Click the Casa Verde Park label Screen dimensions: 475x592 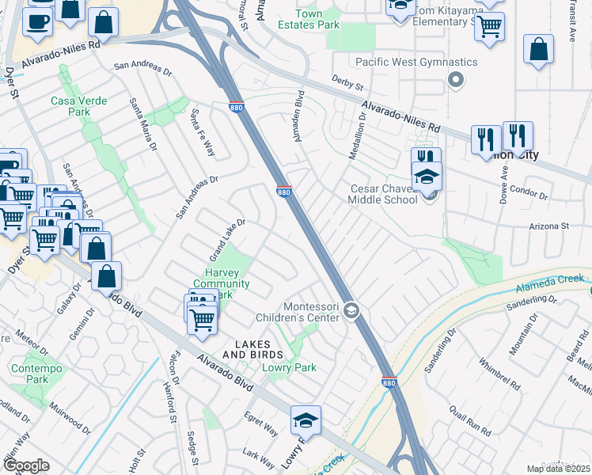(x=70, y=106)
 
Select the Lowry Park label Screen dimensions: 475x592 (x=289, y=367)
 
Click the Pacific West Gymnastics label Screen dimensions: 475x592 (x=416, y=62)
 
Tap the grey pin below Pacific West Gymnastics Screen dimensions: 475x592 (x=454, y=79)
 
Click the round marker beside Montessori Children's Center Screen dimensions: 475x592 (x=352, y=313)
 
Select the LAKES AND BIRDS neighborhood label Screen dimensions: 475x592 (x=252, y=349)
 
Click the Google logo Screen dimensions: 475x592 (x=26, y=465)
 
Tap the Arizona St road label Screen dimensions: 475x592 (x=549, y=226)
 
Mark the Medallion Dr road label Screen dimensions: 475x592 (x=357, y=135)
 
